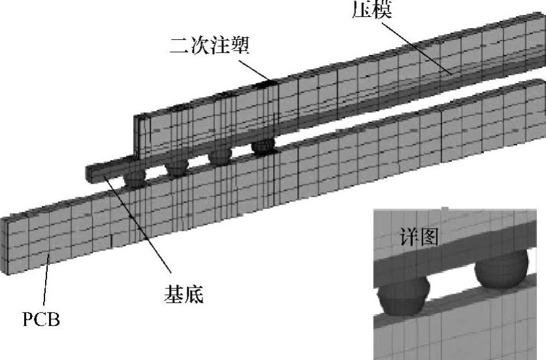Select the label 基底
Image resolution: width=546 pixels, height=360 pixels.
point(182,295)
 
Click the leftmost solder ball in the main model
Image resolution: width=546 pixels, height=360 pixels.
point(135,178)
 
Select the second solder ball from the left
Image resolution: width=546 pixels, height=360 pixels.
point(176,167)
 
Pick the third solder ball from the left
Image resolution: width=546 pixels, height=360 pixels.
point(219,157)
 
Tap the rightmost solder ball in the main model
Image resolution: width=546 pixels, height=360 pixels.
point(263,145)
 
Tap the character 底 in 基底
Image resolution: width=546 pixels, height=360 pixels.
point(193,295)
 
